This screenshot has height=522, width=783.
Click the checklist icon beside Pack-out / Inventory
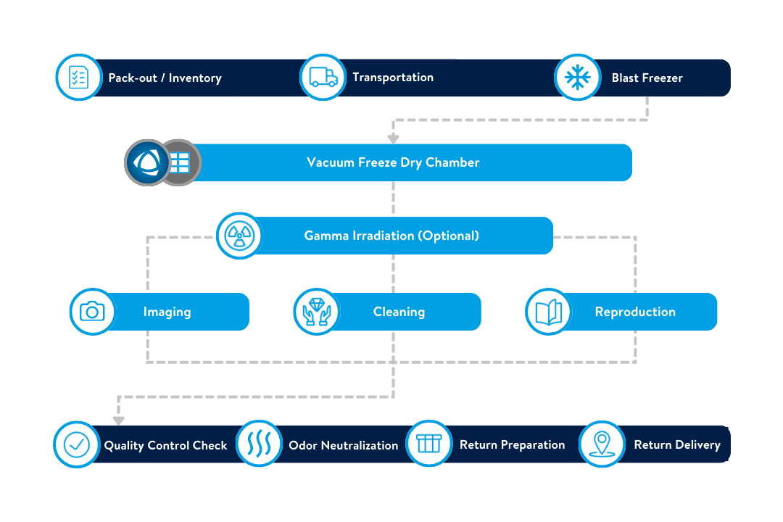78,77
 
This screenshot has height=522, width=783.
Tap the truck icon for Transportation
323,77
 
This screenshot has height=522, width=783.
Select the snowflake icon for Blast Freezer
578,77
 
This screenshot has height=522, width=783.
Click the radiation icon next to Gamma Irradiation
239,235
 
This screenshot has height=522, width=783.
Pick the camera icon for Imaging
92,312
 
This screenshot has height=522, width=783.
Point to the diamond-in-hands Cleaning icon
316,312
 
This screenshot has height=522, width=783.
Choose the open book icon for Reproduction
548,312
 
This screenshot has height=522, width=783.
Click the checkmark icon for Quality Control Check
77,444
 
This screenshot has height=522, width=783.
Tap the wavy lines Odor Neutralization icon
259,444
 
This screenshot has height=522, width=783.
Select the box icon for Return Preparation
429,444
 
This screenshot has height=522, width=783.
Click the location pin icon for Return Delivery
602,444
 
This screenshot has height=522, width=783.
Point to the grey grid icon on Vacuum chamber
179,162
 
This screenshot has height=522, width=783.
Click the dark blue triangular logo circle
146,162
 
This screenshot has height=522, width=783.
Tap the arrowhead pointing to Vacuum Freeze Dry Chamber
393,138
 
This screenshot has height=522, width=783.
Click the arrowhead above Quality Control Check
119,420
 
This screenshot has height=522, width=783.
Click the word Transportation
393,77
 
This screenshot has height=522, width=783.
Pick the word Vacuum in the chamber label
331,162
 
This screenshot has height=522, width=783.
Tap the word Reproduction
635,312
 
